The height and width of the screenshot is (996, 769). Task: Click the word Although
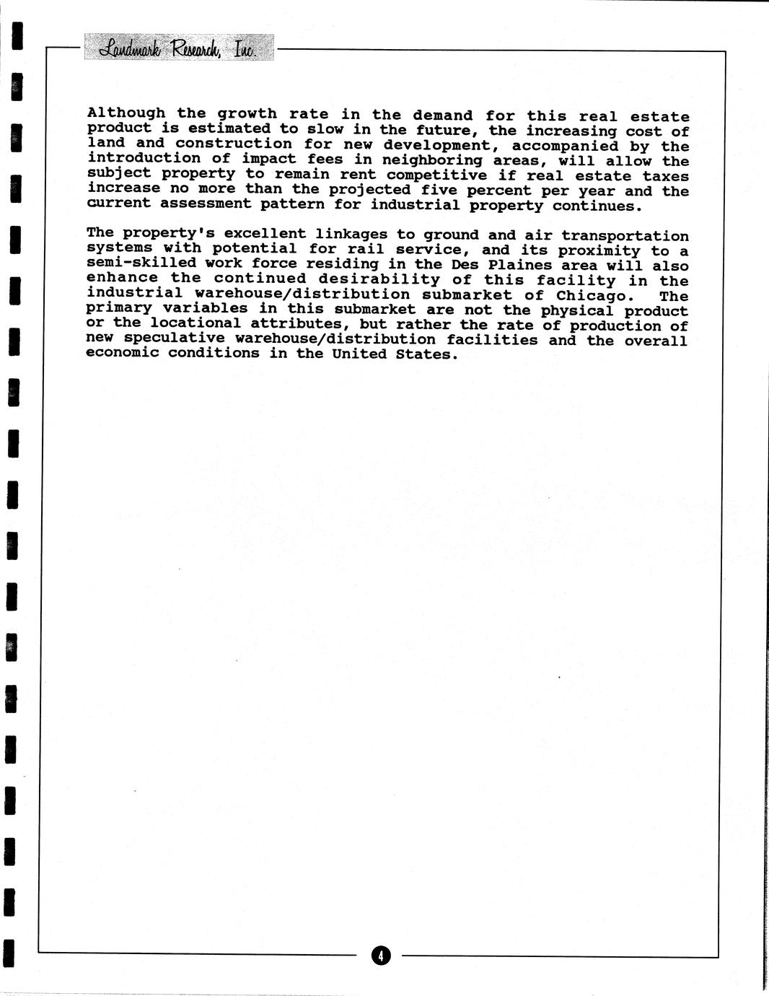[126, 113]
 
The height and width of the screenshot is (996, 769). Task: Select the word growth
[247, 114]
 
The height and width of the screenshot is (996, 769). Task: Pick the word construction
[234, 144]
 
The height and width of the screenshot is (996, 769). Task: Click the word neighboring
[432, 160]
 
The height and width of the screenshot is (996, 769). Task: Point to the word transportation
[625, 236]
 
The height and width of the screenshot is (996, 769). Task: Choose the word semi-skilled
[131, 263]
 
